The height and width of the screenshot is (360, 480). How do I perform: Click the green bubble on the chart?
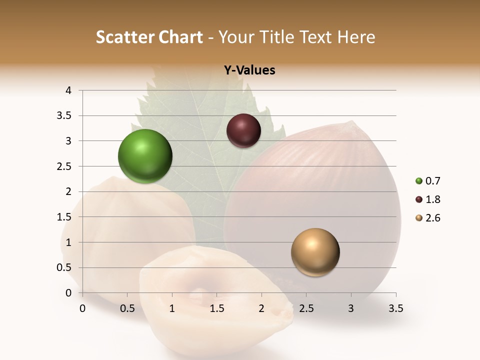[145, 156]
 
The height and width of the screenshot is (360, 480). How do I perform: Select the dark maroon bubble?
[243, 130]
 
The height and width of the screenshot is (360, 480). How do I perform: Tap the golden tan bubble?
[315, 252]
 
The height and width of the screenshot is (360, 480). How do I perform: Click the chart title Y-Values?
[249, 70]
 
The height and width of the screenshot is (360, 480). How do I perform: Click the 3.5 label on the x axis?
[395, 308]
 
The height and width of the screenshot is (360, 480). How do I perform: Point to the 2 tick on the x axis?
[261, 308]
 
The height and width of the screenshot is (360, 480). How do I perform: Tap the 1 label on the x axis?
[172, 308]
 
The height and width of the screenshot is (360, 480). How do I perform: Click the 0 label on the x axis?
[82, 308]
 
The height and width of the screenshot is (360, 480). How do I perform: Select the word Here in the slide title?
[355, 37]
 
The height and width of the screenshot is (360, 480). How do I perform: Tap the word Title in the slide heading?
[273, 37]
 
